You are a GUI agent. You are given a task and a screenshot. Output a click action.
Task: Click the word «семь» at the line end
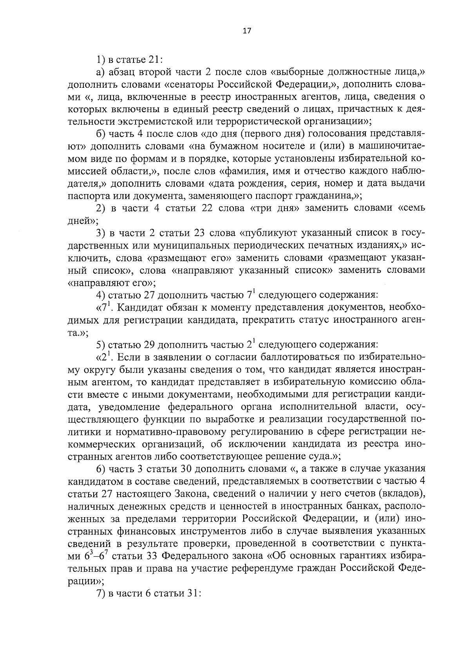click(412, 208)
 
